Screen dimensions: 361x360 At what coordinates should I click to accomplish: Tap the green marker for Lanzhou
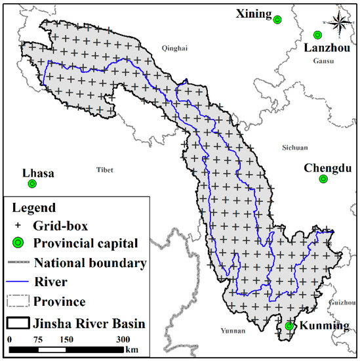point(317,35)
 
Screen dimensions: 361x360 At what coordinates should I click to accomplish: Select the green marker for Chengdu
point(323,179)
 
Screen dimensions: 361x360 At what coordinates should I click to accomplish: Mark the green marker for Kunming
point(290,326)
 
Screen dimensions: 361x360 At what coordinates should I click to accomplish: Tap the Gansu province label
point(323,61)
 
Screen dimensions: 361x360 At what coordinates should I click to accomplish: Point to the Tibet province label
point(105,169)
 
